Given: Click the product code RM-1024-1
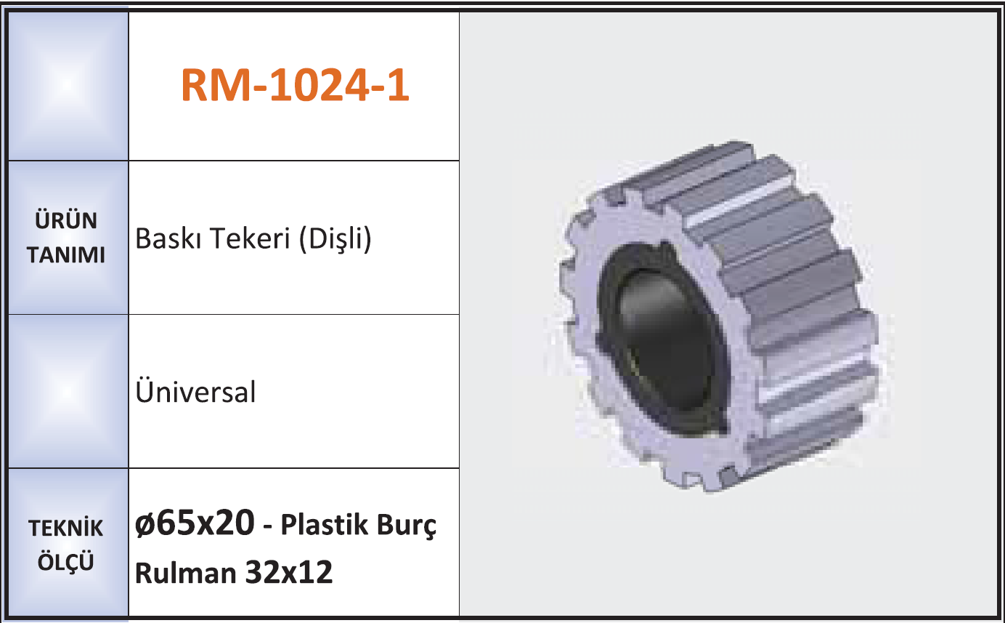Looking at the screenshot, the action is [x=296, y=85].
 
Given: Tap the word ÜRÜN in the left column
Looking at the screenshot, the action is [x=66, y=220].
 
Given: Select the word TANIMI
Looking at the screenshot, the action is [x=66, y=254].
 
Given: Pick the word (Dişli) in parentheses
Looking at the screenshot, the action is [x=335, y=239].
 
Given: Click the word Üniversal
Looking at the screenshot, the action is [x=195, y=391].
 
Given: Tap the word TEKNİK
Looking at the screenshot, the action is [x=66, y=528].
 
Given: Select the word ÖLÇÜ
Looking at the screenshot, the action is [x=66, y=561].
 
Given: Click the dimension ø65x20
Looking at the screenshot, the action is [x=195, y=523].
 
